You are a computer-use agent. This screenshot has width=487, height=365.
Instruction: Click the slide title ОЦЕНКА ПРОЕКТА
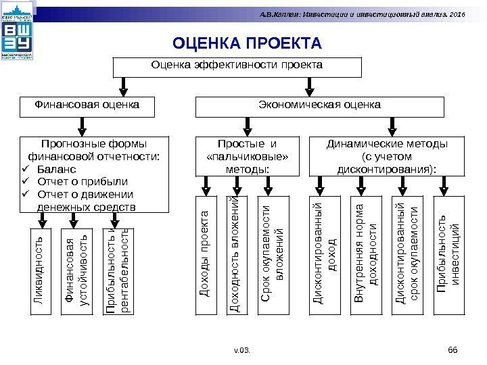(x=247, y=45)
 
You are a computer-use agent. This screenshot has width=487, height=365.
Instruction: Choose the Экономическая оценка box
(x=320, y=105)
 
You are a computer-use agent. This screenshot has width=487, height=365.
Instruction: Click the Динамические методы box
(x=387, y=156)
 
